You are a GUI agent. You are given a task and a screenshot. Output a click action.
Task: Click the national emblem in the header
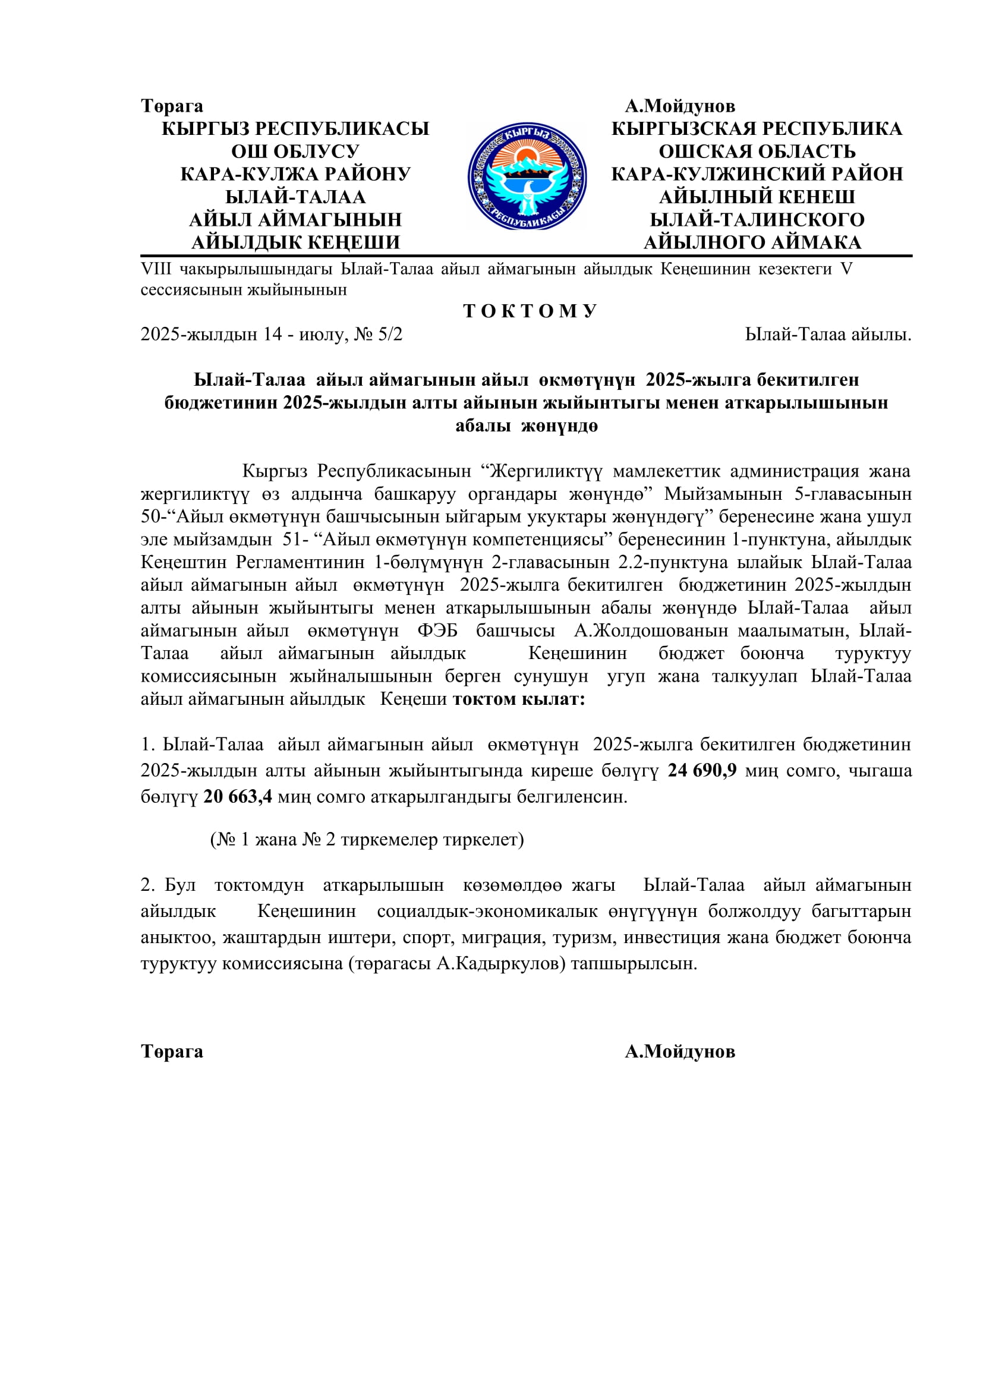(x=527, y=175)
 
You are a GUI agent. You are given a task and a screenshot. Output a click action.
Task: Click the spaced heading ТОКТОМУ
(x=530, y=311)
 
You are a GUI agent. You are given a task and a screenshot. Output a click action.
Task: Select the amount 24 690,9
(x=702, y=771)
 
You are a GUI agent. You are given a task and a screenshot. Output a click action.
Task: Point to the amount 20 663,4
(x=238, y=797)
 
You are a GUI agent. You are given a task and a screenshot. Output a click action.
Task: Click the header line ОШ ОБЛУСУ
(x=295, y=152)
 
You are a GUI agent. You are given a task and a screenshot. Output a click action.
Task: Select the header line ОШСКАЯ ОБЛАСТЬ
(x=757, y=152)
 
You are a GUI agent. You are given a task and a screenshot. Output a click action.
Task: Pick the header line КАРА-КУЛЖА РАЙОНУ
(x=295, y=174)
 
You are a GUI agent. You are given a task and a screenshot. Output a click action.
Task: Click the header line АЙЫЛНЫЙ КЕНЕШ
(x=757, y=197)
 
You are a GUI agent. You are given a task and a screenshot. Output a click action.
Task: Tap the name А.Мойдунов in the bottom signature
(x=680, y=1052)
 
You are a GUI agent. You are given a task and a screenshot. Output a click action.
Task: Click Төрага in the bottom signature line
(x=172, y=1052)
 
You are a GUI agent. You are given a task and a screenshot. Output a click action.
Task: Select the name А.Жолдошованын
(x=651, y=631)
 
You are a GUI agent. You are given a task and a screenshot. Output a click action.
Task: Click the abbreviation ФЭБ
(x=437, y=631)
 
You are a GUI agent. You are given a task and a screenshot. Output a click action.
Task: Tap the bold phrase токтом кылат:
(x=519, y=699)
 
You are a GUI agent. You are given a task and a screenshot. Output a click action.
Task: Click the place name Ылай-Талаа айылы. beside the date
(x=827, y=334)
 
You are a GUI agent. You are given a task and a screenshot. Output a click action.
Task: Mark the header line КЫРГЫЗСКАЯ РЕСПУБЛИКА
(x=757, y=129)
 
